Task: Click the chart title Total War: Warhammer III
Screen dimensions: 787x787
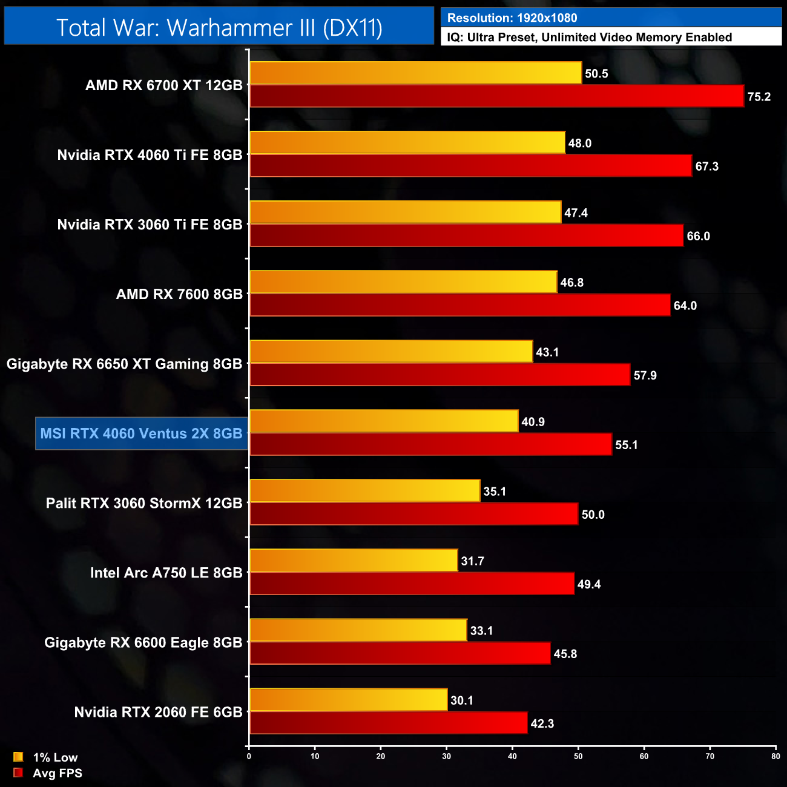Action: click(x=219, y=28)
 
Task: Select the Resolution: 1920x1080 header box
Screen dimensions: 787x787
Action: click(x=611, y=18)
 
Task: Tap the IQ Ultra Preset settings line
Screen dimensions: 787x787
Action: click(x=611, y=38)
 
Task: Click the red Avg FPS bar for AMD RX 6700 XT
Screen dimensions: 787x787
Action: click(x=496, y=96)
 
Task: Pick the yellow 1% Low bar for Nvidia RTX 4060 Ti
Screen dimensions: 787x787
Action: click(x=407, y=143)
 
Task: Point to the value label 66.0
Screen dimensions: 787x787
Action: click(x=698, y=236)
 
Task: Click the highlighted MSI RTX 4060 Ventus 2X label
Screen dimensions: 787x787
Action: click(x=142, y=433)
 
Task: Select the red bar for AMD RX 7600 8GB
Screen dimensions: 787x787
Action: click(x=460, y=305)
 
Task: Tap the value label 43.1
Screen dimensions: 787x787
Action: click(x=547, y=352)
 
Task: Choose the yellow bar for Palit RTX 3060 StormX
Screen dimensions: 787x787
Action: click(x=365, y=491)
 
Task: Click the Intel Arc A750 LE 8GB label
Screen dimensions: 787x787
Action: click(x=166, y=573)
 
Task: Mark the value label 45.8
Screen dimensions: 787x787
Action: click(x=565, y=654)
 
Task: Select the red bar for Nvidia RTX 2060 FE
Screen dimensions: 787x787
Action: click(x=388, y=723)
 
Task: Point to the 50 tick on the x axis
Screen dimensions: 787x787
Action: click(x=578, y=756)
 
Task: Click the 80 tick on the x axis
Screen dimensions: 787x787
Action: click(x=775, y=756)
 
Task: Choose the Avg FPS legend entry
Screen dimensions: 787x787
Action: click(x=48, y=773)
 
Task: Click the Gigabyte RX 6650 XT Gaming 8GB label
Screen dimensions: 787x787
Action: click(x=124, y=364)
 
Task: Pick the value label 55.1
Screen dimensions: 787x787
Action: click(x=626, y=445)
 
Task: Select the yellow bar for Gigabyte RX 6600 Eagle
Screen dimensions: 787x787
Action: click(x=358, y=630)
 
